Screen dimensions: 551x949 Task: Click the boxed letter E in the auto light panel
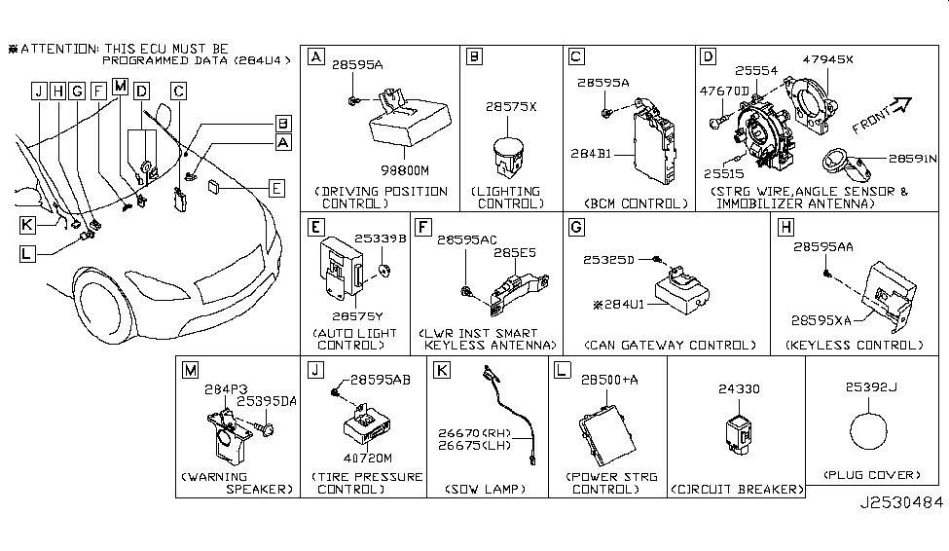(x=313, y=228)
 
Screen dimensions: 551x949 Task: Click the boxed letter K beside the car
(x=31, y=223)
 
